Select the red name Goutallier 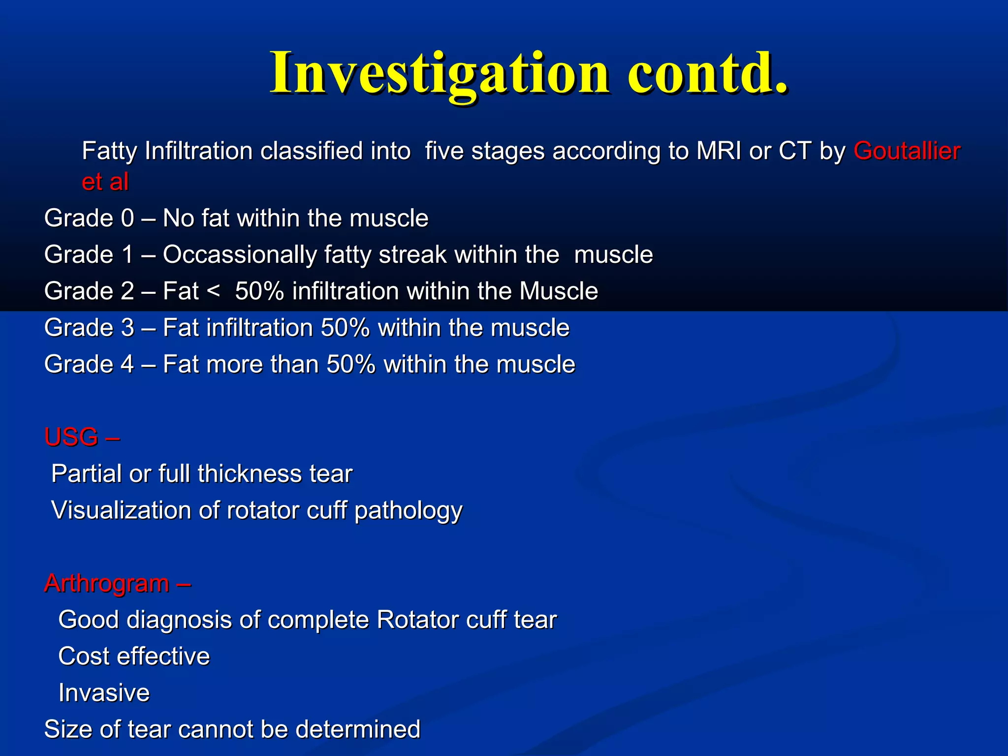click(x=907, y=151)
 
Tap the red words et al click(x=105, y=182)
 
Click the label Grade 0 click(x=89, y=218)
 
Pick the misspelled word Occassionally click(x=240, y=255)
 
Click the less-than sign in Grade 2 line click(x=213, y=291)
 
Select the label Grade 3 click(x=89, y=328)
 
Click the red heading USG click(x=71, y=437)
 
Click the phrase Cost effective click(x=134, y=657)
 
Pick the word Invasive click(x=104, y=693)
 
